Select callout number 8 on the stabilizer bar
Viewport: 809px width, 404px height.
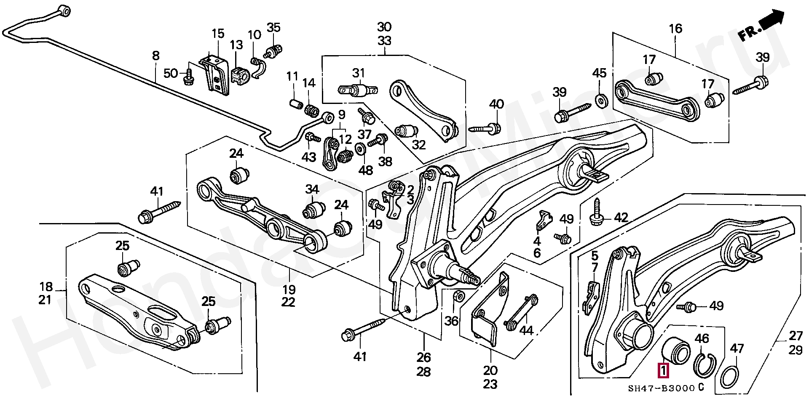point(156,55)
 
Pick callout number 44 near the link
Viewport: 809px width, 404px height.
point(526,331)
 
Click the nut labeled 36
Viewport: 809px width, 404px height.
point(460,297)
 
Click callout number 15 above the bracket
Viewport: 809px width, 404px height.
point(218,34)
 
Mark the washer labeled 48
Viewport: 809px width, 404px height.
point(361,149)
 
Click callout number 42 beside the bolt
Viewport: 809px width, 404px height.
point(621,218)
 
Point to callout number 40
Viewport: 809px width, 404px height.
point(497,104)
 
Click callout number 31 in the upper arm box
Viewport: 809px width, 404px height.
point(359,73)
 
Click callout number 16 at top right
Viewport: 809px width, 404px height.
point(675,29)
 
